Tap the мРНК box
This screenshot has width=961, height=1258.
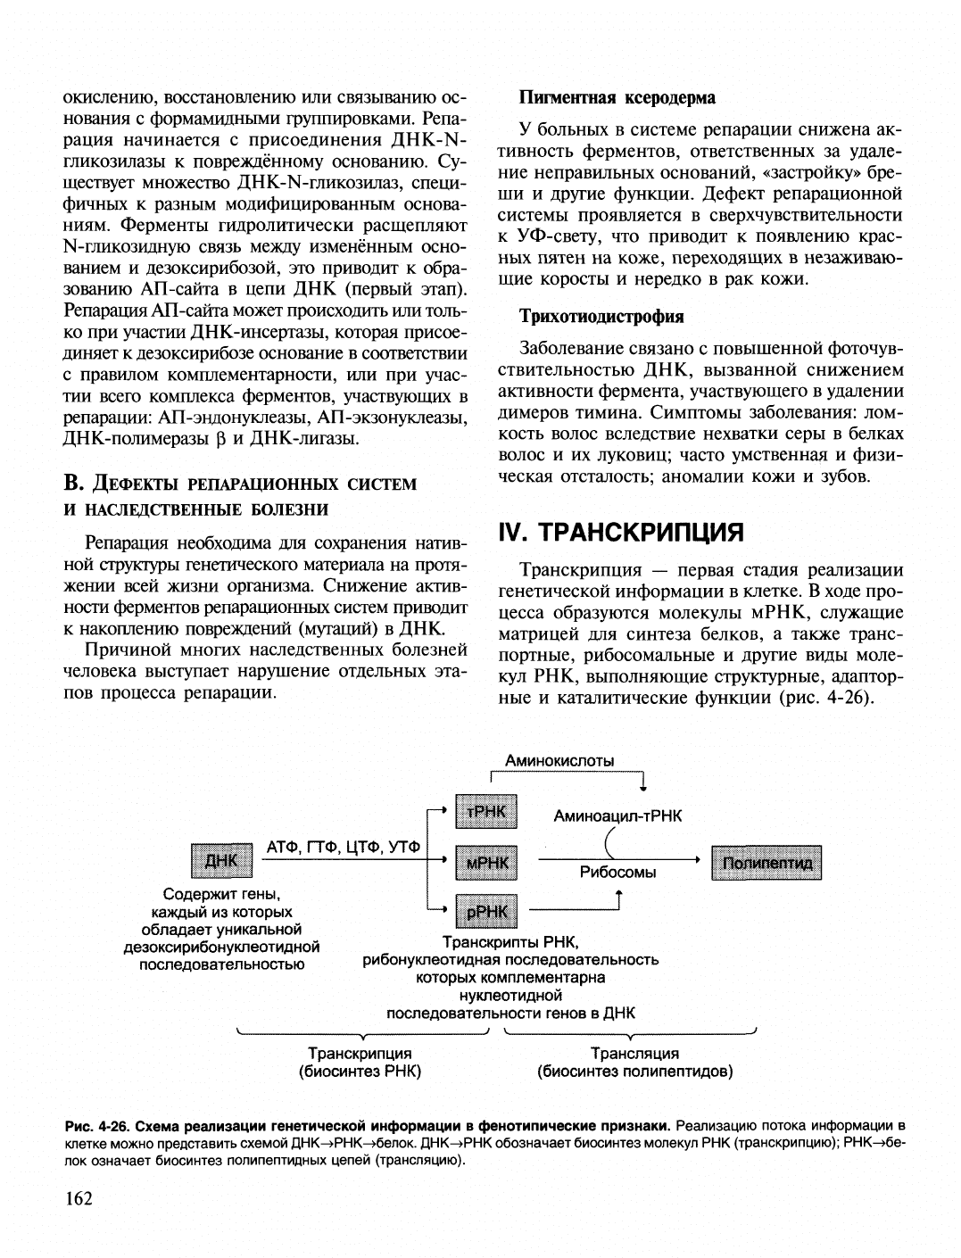click(x=486, y=862)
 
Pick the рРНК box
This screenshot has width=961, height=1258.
click(x=486, y=911)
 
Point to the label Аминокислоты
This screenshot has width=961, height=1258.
click(x=559, y=761)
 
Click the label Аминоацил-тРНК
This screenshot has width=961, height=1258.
click(x=617, y=815)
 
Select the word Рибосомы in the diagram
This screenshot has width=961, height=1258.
click(x=617, y=873)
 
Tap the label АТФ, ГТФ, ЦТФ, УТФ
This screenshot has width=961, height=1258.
click(x=344, y=847)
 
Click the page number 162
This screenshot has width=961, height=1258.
click(x=79, y=1197)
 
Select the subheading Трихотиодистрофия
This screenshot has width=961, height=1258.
click(x=602, y=317)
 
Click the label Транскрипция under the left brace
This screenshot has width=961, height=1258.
click(x=360, y=1054)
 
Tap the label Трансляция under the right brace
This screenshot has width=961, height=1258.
click(x=634, y=1054)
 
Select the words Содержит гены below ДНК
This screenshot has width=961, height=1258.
click(x=221, y=894)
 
